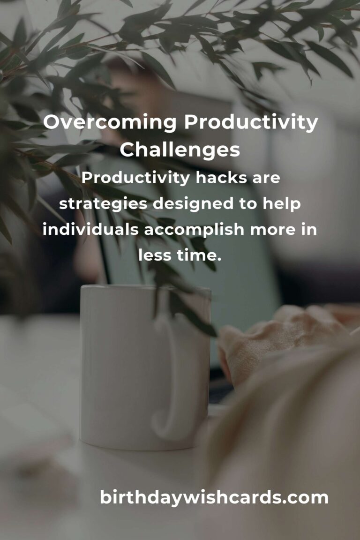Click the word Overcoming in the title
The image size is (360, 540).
pos(110,122)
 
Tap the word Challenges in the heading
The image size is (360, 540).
pos(180,150)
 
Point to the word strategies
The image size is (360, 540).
pos(103,204)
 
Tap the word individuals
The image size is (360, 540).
pos(90,229)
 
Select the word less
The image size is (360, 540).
pos(155,255)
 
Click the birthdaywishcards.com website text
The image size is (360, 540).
pos(214,498)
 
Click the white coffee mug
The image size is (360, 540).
pos(145,367)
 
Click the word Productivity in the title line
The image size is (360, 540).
pos(251,123)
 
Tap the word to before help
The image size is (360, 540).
pos(248,204)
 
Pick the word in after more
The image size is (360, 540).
pos(309,229)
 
